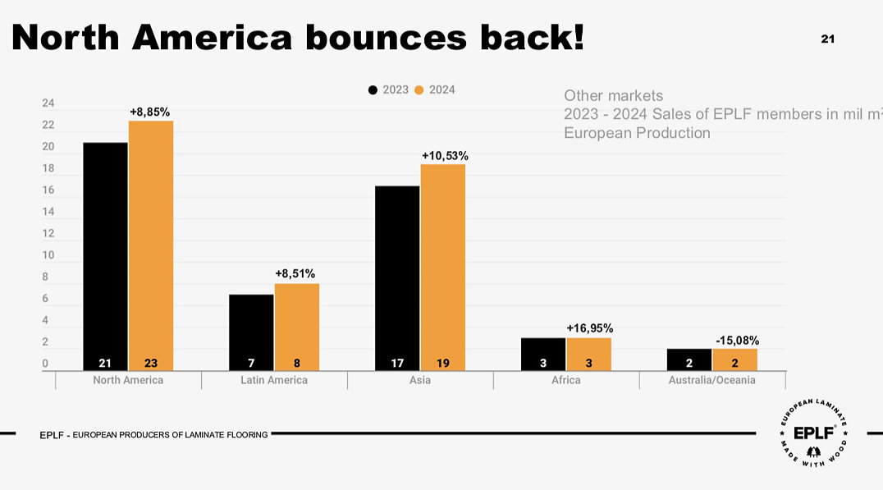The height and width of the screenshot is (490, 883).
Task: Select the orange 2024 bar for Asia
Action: [x=442, y=267]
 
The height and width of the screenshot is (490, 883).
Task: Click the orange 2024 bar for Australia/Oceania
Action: [x=734, y=359]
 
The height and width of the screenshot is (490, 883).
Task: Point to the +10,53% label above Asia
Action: [x=445, y=155]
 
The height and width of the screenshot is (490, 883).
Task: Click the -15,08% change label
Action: [x=736, y=340]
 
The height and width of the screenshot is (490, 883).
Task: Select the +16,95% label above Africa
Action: [x=589, y=328]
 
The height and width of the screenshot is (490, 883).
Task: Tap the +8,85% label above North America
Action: [x=150, y=112]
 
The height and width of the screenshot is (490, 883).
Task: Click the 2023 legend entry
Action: [x=388, y=89]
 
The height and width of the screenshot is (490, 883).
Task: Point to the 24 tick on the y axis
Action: [x=48, y=103]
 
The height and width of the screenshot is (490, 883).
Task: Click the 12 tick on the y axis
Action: [x=48, y=233]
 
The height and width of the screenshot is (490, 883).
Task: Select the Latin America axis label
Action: [x=274, y=380]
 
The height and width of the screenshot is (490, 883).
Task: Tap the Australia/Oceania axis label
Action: [x=711, y=380]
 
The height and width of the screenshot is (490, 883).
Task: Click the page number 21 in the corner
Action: [x=827, y=39]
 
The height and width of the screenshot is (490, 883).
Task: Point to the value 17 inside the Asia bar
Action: [x=398, y=362]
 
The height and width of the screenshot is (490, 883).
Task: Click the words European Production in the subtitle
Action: [x=637, y=132]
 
